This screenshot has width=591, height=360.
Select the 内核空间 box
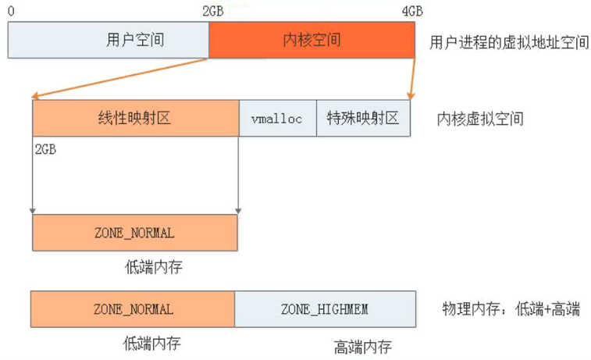312,40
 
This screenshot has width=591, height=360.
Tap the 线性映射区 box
136,119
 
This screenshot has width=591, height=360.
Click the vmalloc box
277,119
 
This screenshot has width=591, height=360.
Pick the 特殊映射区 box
363,119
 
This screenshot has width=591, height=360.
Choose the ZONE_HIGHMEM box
324,309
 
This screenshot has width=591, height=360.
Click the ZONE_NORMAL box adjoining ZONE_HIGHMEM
133,309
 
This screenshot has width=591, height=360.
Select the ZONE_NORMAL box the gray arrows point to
134,233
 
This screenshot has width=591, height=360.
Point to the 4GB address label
412,11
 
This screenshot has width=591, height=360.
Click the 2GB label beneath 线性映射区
45,148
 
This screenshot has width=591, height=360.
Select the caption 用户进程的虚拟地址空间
509,41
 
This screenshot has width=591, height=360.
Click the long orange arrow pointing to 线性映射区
121,78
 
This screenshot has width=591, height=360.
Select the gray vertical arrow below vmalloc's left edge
238,176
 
